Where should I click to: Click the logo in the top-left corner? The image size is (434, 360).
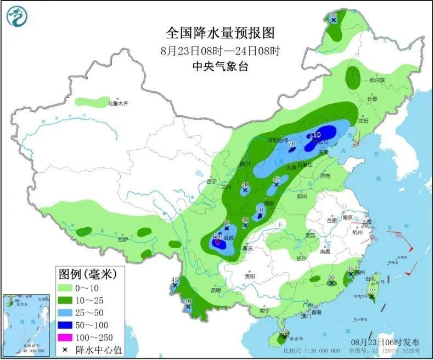pos(16,16)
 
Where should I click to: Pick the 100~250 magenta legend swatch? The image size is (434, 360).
pos(70,336)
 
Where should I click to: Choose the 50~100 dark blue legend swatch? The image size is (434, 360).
pos(70,324)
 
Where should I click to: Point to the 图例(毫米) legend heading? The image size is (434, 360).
pos(91,273)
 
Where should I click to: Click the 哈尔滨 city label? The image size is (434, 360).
pos(377,81)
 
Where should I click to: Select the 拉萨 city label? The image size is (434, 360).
pos(122,239)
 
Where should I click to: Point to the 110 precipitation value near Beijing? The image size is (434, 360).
pos(315,134)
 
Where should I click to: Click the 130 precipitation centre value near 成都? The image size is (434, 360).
pos(217,237)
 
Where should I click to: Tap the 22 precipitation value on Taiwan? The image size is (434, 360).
pos(371,291)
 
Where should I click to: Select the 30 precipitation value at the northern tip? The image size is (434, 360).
pos(332,15)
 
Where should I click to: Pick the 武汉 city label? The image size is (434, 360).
pos(311,235)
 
